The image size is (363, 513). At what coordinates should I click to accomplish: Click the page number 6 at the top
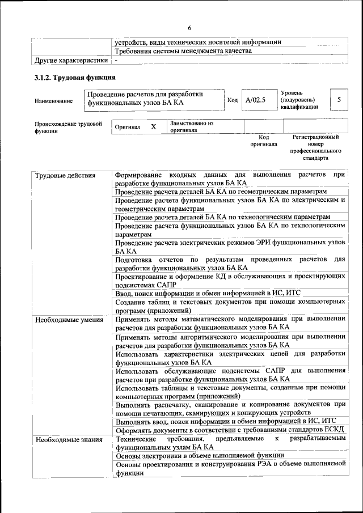(189, 27)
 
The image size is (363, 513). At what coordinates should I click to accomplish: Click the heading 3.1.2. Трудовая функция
(75, 78)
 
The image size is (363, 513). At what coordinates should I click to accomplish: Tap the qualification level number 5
(339, 100)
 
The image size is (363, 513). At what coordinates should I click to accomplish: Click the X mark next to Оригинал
(153, 127)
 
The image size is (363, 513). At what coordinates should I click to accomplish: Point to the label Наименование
(53, 101)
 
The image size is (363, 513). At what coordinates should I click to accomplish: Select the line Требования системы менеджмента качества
(183, 51)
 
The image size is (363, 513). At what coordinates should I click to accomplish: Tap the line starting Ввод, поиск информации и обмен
(208, 293)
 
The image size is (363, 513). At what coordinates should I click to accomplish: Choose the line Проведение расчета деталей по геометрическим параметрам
(221, 192)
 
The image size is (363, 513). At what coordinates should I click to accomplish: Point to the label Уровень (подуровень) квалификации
(299, 99)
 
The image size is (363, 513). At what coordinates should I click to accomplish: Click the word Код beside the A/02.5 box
(233, 101)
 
